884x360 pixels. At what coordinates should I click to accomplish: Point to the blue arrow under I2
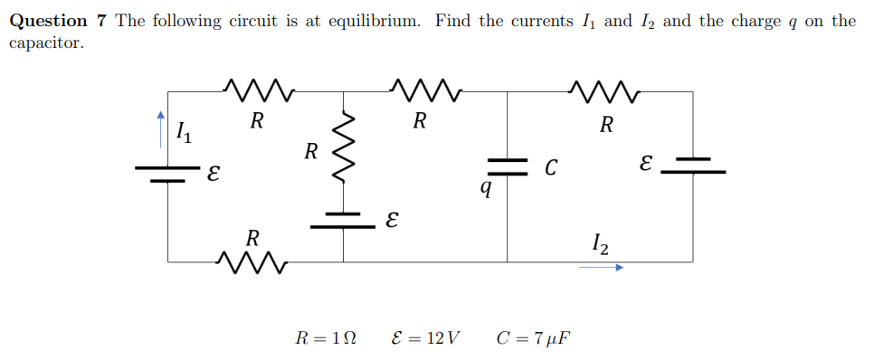[601, 268]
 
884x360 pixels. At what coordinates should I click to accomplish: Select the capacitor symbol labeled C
[508, 165]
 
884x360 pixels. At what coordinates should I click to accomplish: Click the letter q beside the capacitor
[486, 187]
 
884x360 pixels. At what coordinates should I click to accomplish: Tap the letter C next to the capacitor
[550, 167]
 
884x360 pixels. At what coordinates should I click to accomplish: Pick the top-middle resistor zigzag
[425, 90]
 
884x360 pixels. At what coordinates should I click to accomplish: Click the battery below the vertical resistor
[344, 221]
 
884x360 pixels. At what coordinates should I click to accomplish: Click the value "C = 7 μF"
[534, 338]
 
